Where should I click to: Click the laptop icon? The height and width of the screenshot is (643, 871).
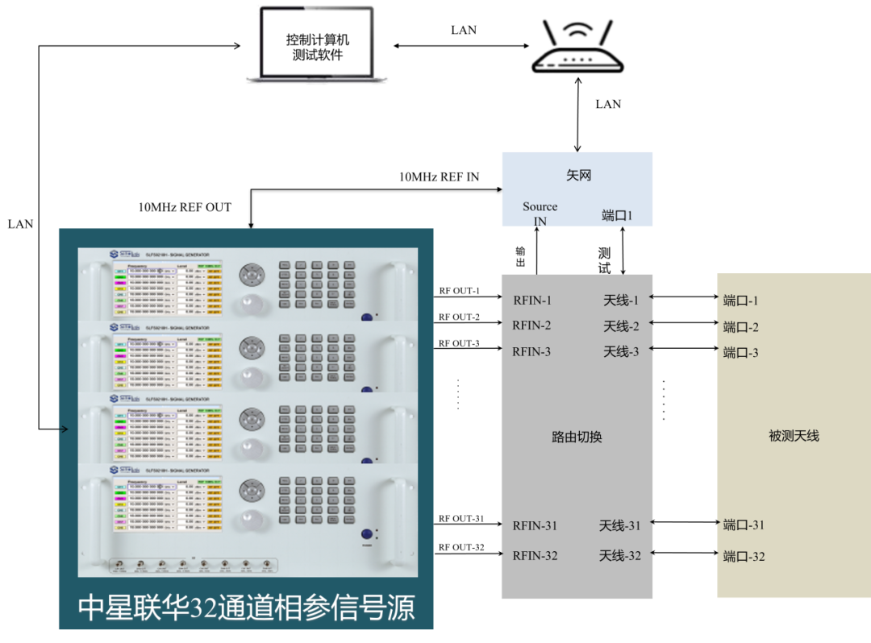point(316,44)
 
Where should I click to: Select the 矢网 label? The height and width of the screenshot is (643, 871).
point(578,175)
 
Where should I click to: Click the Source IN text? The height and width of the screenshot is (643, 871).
point(540,214)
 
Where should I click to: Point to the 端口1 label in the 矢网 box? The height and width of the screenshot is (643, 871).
point(618,215)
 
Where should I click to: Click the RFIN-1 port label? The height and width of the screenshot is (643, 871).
point(532,301)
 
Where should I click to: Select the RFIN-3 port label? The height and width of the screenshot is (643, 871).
point(531,351)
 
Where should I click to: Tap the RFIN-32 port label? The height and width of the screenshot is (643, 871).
point(535,555)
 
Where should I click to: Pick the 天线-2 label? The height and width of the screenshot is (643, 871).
point(621,326)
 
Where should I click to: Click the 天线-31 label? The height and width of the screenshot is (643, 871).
point(619,525)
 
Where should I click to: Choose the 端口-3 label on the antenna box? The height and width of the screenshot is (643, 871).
point(741,352)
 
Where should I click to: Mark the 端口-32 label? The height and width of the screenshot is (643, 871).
point(744,556)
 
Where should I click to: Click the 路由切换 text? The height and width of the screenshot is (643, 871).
point(577,437)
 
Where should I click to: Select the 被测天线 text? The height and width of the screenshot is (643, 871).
point(794,436)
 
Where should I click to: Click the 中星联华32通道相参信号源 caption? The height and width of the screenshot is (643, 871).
point(246,608)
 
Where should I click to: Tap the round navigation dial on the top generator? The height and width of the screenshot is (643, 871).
point(252,275)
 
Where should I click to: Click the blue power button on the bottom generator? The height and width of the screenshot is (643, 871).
point(367,534)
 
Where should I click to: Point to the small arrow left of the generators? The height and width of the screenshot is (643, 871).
point(62,429)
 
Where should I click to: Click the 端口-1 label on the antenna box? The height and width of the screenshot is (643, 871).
point(741,301)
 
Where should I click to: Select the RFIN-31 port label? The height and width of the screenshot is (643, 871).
point(535,525)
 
